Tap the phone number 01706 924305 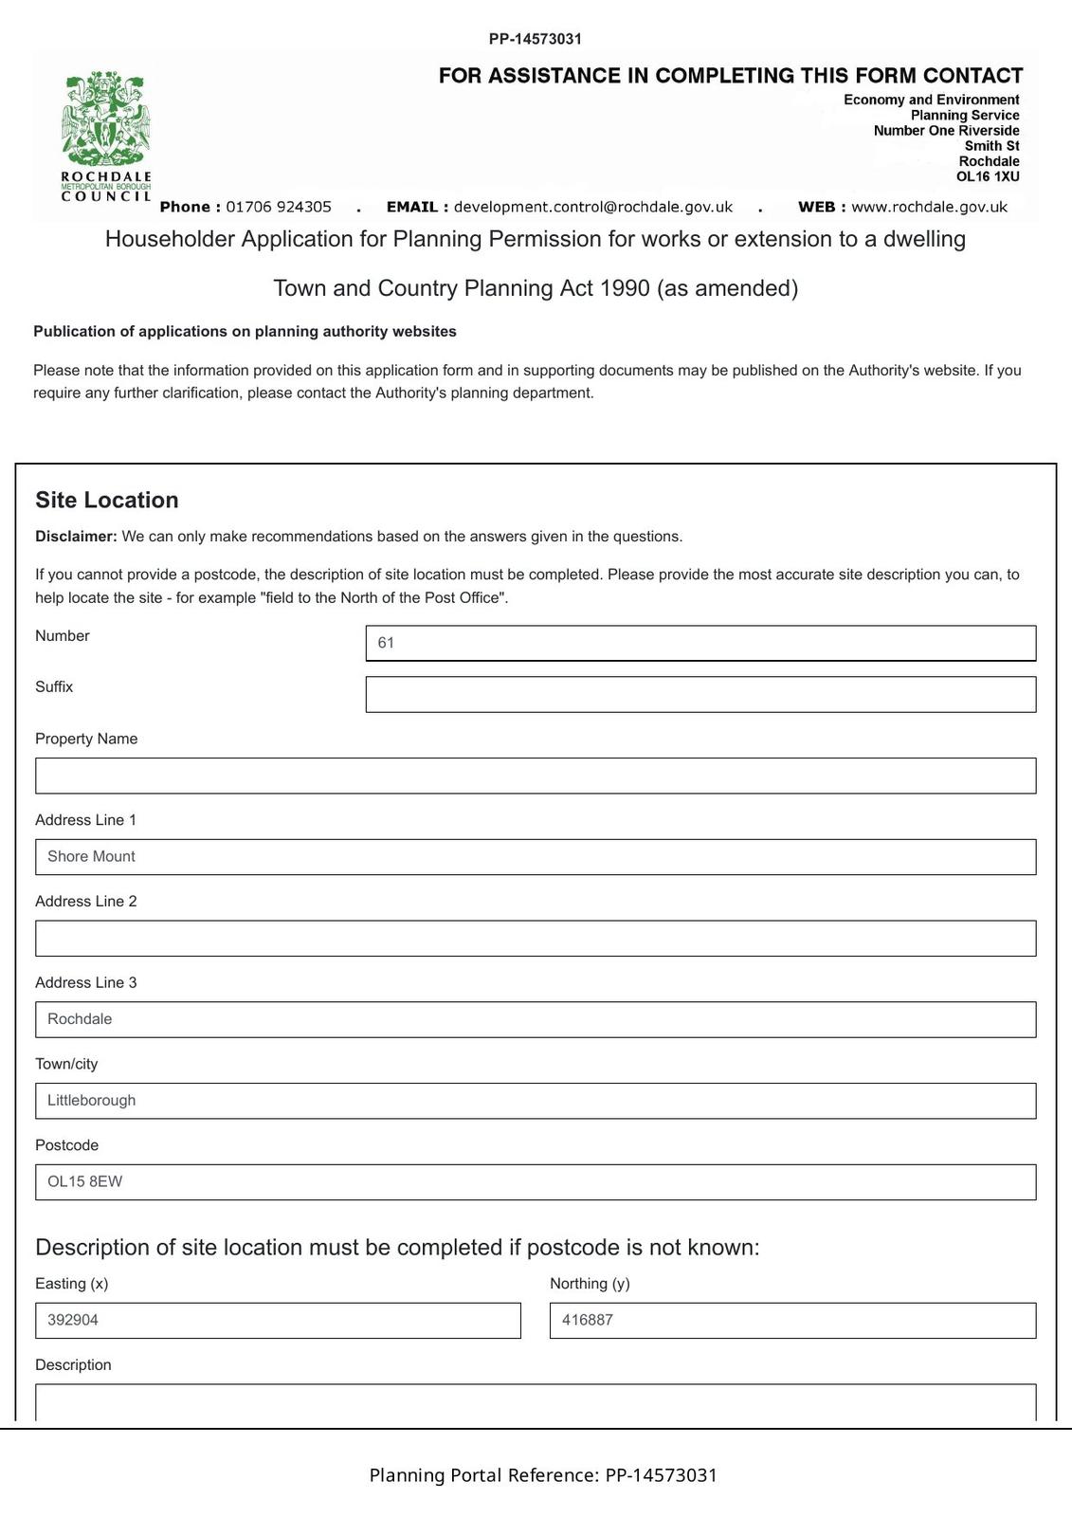point(279,207)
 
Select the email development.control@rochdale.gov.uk point(593,207)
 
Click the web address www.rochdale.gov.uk point(929,207)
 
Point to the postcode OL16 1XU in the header point(988,176)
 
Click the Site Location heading point(107,501)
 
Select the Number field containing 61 point(700,643)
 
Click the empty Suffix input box point(700,694)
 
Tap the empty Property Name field point(536,776)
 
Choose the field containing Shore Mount point(536,857)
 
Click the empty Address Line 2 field point(536,939)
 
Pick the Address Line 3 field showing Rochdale point(536,1019)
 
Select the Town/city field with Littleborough point(536,1101)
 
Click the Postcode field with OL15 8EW point(536,1182)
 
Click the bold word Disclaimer point(76,537)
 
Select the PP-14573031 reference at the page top point(536,39)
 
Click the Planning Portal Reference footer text point(543,1475)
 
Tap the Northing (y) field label point(590,1284)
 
